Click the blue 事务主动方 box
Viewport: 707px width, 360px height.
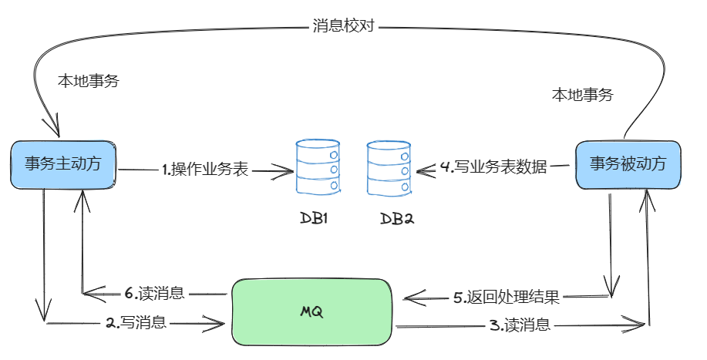63,164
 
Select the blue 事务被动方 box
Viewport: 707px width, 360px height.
628,164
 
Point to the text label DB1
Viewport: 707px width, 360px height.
315,217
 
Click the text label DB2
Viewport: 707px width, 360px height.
398,218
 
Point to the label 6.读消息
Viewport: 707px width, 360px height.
154,293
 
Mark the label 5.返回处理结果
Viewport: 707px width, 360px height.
506,297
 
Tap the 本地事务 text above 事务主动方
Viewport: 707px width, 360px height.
89,81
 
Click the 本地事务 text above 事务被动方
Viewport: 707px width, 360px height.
582,96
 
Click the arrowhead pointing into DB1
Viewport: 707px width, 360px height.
287,170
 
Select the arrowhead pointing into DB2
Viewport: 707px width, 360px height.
421,168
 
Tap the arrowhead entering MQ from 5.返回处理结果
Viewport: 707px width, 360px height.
410,297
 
